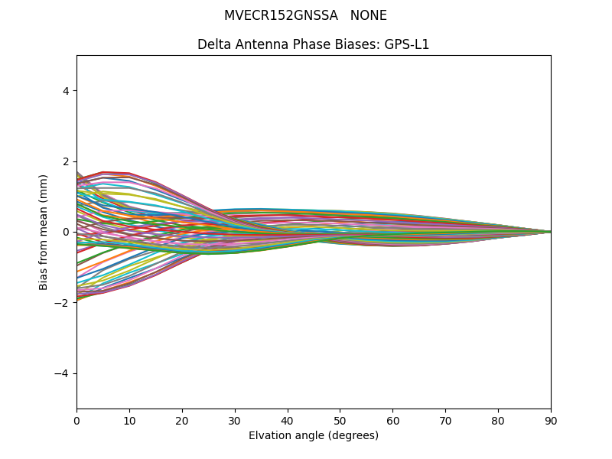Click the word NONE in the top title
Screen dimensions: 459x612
(x=369, y=15)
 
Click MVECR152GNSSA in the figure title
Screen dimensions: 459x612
(x=281, y=15)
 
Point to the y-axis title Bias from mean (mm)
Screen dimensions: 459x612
(x=44, y=232)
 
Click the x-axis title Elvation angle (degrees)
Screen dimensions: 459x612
(x=314, y=436)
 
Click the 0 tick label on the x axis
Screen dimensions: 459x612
(x=76, y=420)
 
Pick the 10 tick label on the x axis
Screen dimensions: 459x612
(x=129, y=420)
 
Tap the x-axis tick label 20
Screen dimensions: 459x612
(x=182, y=420)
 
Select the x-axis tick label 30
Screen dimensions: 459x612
(x=235, y=420)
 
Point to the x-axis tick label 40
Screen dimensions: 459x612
(x=288, y=420)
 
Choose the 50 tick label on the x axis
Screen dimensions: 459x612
(x=340, y=420)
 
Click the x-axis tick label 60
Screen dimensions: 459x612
(x=392, y=420)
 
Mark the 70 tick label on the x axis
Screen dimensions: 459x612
(x=445, y=420)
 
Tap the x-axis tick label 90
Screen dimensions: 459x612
(x=551, y=420)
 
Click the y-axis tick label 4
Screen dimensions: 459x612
(x=66, y=91)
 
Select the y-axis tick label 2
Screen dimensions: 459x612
(x=66, y=161)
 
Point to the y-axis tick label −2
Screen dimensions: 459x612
(x=63, y=303)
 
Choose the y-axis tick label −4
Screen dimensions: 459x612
(x=63, y=373)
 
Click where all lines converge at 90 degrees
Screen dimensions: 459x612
(x=550, y=232)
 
